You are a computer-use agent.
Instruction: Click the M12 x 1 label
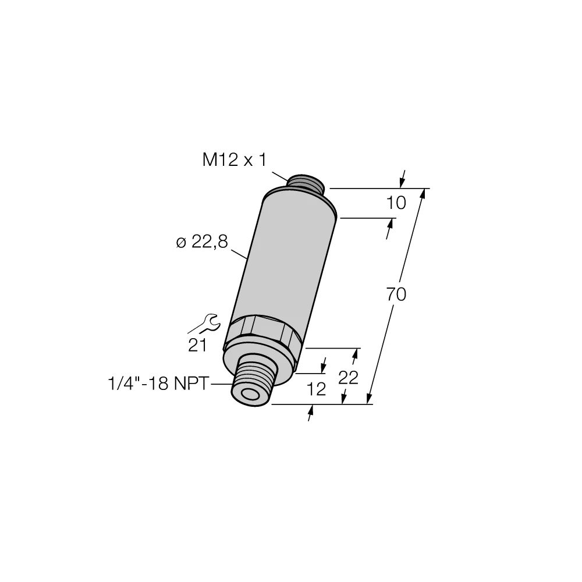pos(234,159)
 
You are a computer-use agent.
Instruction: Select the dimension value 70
pos(396,295)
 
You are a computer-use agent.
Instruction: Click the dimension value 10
pos(396,203)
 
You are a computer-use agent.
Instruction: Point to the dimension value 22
pos(348,378)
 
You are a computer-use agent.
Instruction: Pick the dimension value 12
pos(317,389)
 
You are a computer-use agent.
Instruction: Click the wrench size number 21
pos(198,346)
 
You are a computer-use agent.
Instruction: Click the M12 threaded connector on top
pos(305,182)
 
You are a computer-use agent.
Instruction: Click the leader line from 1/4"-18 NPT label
pos(221,385)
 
